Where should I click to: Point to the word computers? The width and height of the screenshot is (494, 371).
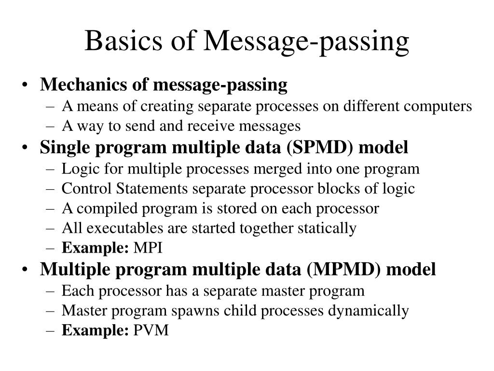[442, 106]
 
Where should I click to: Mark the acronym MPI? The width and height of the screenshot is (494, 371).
[148, 249]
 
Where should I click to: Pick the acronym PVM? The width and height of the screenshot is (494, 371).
[151, 331]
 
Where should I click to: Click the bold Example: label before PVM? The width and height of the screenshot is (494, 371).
[96, 331]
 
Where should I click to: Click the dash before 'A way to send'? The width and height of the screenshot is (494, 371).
[53, 127]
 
